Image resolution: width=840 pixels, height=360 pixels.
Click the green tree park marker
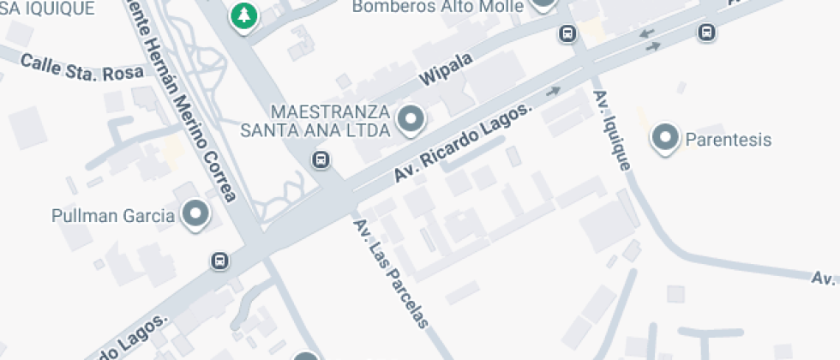pyautogui.click(x=245, y=15)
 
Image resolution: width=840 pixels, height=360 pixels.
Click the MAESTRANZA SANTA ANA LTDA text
pyautogui.click(x=330, y=121)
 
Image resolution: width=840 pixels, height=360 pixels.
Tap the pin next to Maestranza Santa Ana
pyautogui.click(x=412, y=119)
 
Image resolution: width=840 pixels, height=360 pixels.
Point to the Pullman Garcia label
pyautogui.click(x=112, y=214)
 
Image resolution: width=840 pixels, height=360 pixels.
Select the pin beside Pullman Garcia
pyautogui.click(x=197, y=213)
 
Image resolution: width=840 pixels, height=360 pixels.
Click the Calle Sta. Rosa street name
pyautogui.click(x=82, y=68)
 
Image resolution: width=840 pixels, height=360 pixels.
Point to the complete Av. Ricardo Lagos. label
pyautogui.click(x=463, y=143)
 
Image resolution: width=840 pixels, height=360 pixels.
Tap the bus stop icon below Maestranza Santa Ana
pyautogui.click(x=321, y=159)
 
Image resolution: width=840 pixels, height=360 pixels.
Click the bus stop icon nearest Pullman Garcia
pyautogui.click(x=219, y=260)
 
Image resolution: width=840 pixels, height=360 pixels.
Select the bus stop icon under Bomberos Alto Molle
pyautogui.click(x=567, y=33)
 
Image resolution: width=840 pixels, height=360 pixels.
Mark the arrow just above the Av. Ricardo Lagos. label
pyautogui.click(x=554, y=90)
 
